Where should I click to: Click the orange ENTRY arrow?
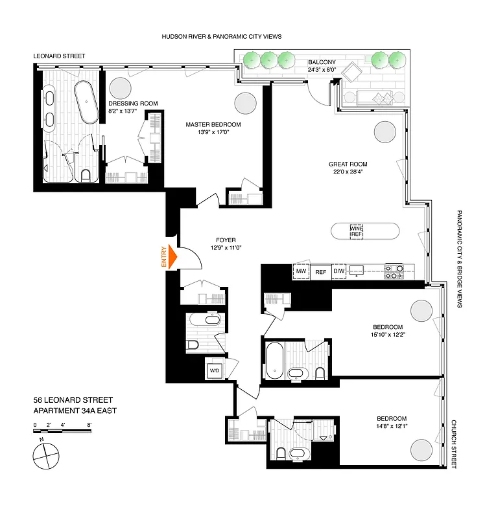tap(172, 257)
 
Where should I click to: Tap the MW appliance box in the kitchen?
tap(301, 271)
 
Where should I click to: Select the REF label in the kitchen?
tap(320, 272)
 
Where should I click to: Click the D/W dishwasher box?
tap(339, 271)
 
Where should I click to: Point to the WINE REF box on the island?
tap(357, 231)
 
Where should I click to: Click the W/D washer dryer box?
tap(215, 371)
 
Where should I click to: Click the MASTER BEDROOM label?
tap(213, 124)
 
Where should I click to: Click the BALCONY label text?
tap(322, 63)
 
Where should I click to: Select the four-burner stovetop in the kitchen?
tap(395, 271)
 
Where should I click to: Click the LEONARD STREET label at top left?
tap(59, 56)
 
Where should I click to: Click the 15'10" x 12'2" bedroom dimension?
tap(388, 334)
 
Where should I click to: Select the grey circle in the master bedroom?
tap(246, 103)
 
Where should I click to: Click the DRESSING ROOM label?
tap(133, 103)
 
